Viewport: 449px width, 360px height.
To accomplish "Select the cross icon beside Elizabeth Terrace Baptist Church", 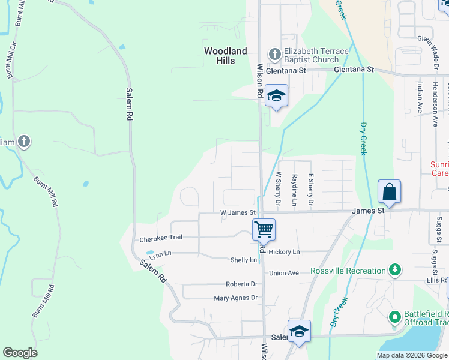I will click(274, 55).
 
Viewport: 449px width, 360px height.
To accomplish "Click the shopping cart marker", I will click(264, 229).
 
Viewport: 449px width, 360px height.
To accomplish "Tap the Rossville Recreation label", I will click(348, 271).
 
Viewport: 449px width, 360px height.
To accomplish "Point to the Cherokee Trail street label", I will click(160, 238).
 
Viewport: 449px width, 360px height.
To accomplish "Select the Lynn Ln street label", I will click(160, 254).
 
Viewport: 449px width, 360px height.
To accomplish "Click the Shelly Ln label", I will click(244, 260).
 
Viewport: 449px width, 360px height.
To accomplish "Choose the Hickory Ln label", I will click(284, 252).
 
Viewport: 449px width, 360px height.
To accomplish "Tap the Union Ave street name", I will click(284, 273).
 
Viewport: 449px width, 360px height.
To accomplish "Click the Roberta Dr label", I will click(241, 284).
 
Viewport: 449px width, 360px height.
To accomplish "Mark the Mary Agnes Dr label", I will click(235, 298).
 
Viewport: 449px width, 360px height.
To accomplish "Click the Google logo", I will click(20, 353).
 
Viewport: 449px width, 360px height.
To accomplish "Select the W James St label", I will click(238, 212).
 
